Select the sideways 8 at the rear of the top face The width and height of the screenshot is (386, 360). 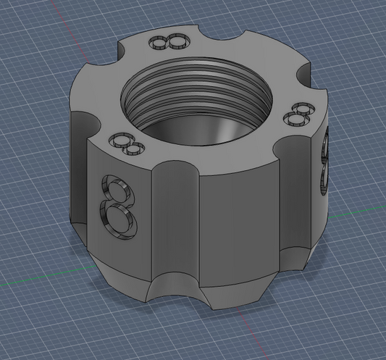(x=170, y=42)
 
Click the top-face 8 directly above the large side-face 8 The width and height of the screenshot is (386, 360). (x=127, y=144)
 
